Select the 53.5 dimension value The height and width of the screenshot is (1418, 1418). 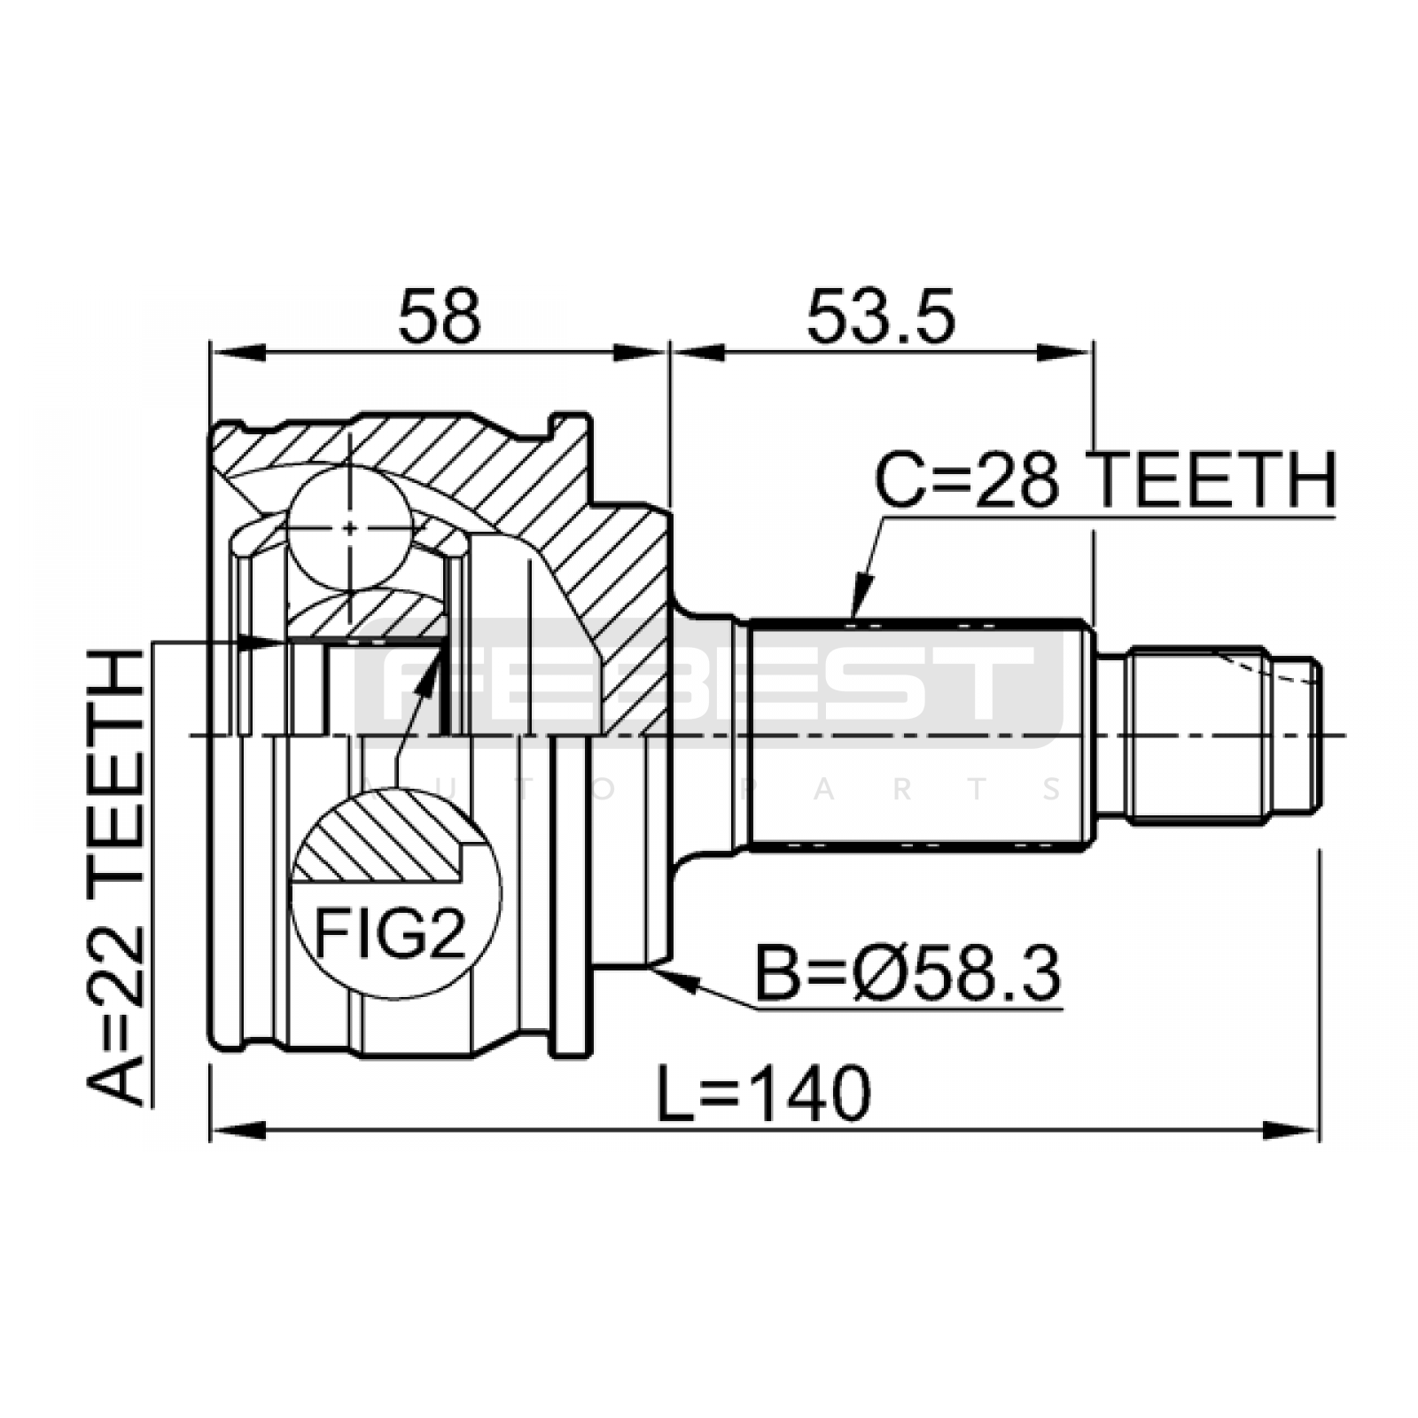pos(880,316)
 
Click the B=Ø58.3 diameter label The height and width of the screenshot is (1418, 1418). pos(908,975)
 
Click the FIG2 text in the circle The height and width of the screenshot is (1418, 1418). pos(391,931)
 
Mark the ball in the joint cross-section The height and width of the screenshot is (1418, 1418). pos(350,527)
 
